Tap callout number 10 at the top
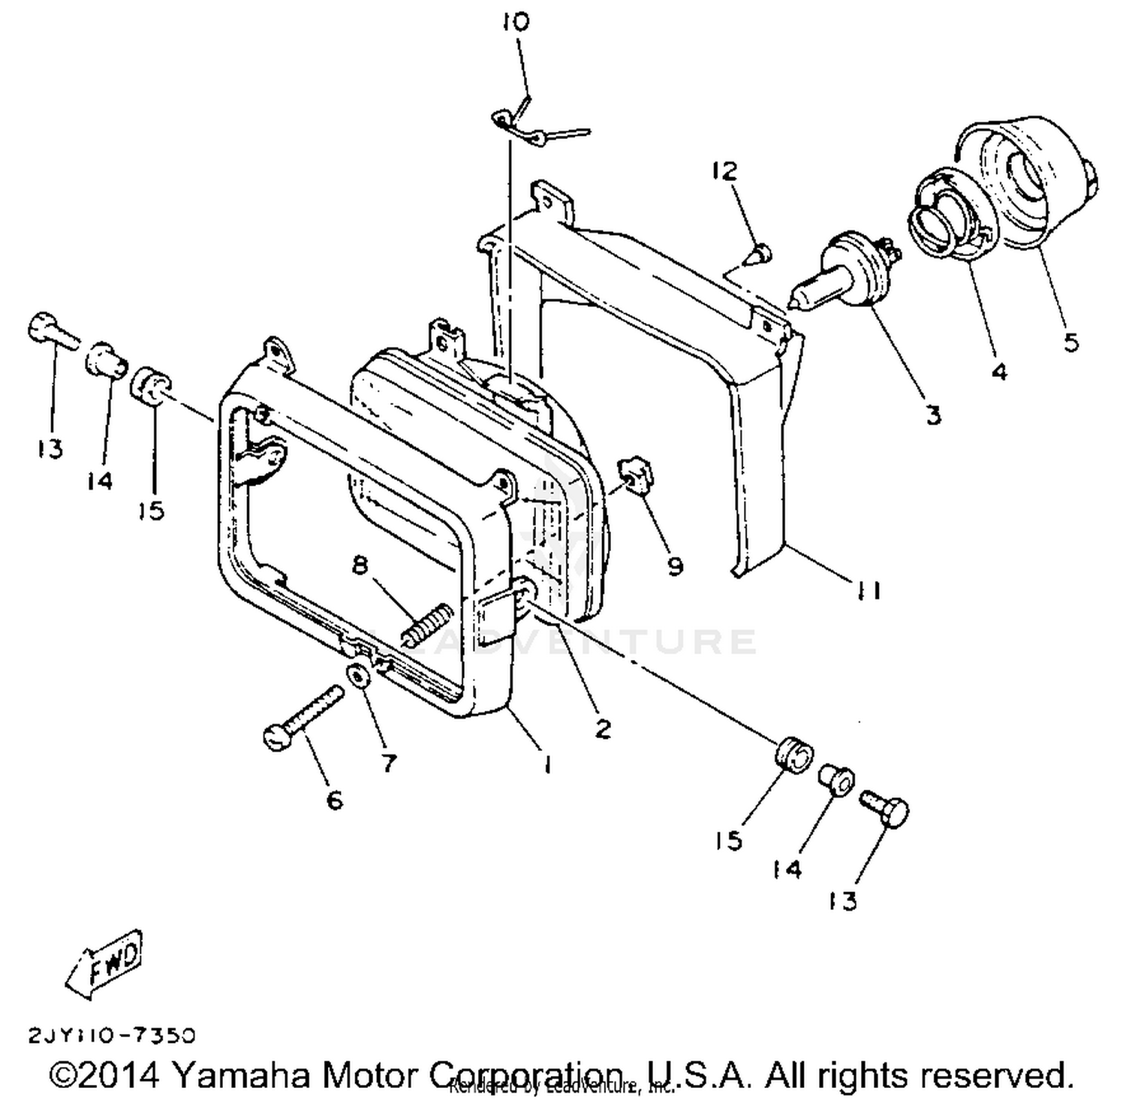pyautogui.click(x=516, y=23)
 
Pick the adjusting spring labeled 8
pyautogui.click(x=426, y=623)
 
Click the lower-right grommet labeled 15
pyautogui.click(x=791, y=753)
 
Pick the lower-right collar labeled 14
pyautogui.click(x=835, y=781)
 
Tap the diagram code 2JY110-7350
pyautogui.click(x=112, y=1035)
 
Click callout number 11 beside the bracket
pyautogui.click(x=865, y=591)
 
